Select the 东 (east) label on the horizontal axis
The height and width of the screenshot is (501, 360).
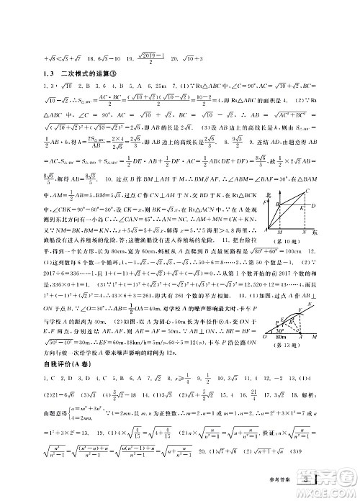[325, 235]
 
